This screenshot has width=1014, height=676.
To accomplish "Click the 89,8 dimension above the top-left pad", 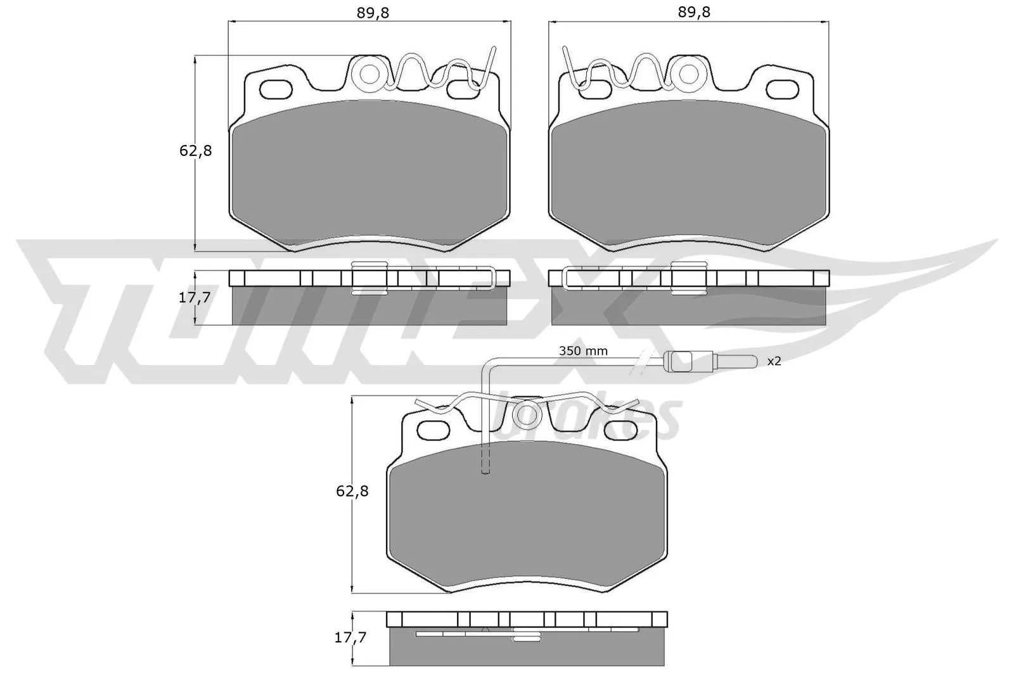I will [373, 12].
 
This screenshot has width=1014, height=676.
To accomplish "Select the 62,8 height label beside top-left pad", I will [196, 151].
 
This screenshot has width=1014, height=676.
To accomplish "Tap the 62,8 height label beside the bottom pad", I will [352, 491].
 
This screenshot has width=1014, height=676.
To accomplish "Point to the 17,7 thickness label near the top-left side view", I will [195, 297].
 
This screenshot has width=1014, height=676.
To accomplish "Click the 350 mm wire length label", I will [582, 351].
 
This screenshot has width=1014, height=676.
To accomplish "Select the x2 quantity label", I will [774, 361].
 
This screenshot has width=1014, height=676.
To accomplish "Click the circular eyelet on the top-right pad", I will [690, 75].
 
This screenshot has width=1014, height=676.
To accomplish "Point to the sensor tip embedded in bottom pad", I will [486, 469].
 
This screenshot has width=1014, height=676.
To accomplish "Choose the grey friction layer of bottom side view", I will [526, 649].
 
